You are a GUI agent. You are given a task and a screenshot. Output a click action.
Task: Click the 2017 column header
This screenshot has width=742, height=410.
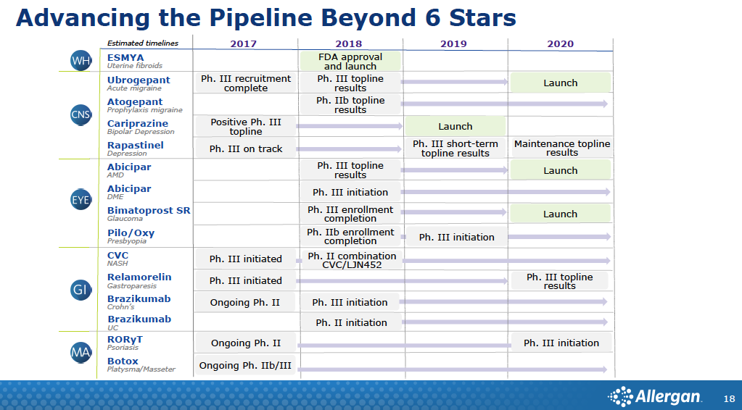click(243, 44)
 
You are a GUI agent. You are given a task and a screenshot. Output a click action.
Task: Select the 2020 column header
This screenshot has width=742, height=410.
click(560, 44)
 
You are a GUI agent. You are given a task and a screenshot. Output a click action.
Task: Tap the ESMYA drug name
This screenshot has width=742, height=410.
click(125, 58)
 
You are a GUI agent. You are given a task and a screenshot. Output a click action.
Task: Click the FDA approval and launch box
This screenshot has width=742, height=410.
click(350, 62)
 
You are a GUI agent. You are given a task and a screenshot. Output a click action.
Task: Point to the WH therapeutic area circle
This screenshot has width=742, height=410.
click(81, 61)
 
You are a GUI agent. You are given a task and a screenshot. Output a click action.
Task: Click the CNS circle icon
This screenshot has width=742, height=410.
click(81, 114)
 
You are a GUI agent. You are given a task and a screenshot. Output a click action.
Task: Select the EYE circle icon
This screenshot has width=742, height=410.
click(81, 200)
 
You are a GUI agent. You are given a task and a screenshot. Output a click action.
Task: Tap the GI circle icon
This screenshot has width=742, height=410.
click(81, 290)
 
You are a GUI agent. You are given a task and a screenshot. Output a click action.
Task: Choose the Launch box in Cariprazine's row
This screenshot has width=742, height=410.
click(455, 126)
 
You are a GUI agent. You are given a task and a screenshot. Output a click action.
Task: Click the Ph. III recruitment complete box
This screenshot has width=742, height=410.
click(246, 83)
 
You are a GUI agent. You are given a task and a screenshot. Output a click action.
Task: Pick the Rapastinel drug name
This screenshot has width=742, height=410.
click(136, 145)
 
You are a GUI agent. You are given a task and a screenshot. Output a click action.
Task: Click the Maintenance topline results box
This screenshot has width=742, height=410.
click(561, 148)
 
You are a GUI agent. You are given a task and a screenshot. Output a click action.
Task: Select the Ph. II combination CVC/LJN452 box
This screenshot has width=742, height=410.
click(352, 260)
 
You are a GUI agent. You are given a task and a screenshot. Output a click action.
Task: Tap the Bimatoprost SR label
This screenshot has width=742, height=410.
click(149, 210)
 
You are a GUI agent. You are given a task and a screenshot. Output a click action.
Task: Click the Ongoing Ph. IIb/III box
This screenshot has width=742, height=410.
click(245, 365)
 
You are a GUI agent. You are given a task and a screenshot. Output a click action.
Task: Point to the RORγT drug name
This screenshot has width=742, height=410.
click(125, 339)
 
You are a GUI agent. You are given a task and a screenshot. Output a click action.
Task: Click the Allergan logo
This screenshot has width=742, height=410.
click(654, 396)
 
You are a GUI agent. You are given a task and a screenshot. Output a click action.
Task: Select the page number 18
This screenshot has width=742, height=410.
click(729, 399)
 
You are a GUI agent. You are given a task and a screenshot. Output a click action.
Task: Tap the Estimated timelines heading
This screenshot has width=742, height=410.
click(142, 43)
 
